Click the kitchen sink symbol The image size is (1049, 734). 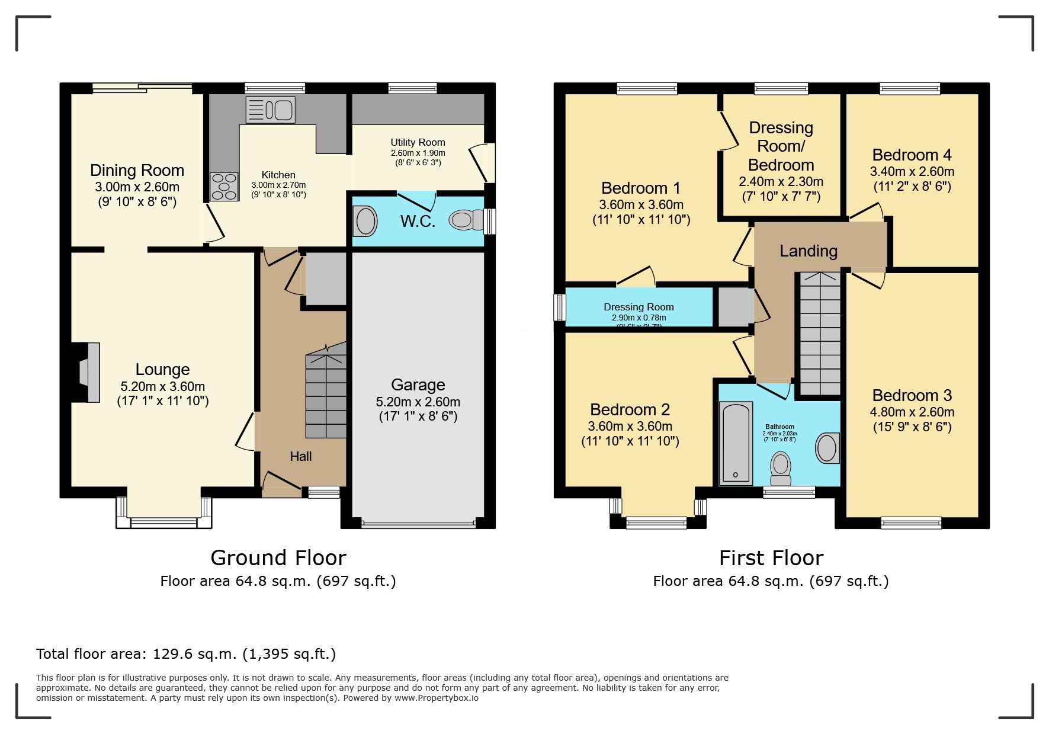click(x=271, y=110)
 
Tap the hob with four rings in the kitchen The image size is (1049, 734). click(x=224, y=187)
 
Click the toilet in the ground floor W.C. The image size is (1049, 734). click(x=466, y=220)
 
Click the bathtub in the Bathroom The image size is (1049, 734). click(x=736, y=443)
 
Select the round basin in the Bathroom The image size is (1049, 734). click(x=827, y=448)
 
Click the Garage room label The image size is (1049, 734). click(x=418, y=385)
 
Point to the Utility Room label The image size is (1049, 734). click(x=418, y=142)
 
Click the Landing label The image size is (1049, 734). click(x=808, y=251)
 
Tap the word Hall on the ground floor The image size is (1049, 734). click(x=301, y=456)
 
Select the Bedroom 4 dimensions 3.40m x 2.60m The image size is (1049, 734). click(x=912, y=172)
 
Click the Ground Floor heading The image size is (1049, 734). click(x=278, y=558)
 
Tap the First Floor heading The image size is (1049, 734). click(x=771, y=558)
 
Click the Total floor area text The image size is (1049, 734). click(x=185, y=654)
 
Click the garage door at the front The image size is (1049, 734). click(x=418, y=524)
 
